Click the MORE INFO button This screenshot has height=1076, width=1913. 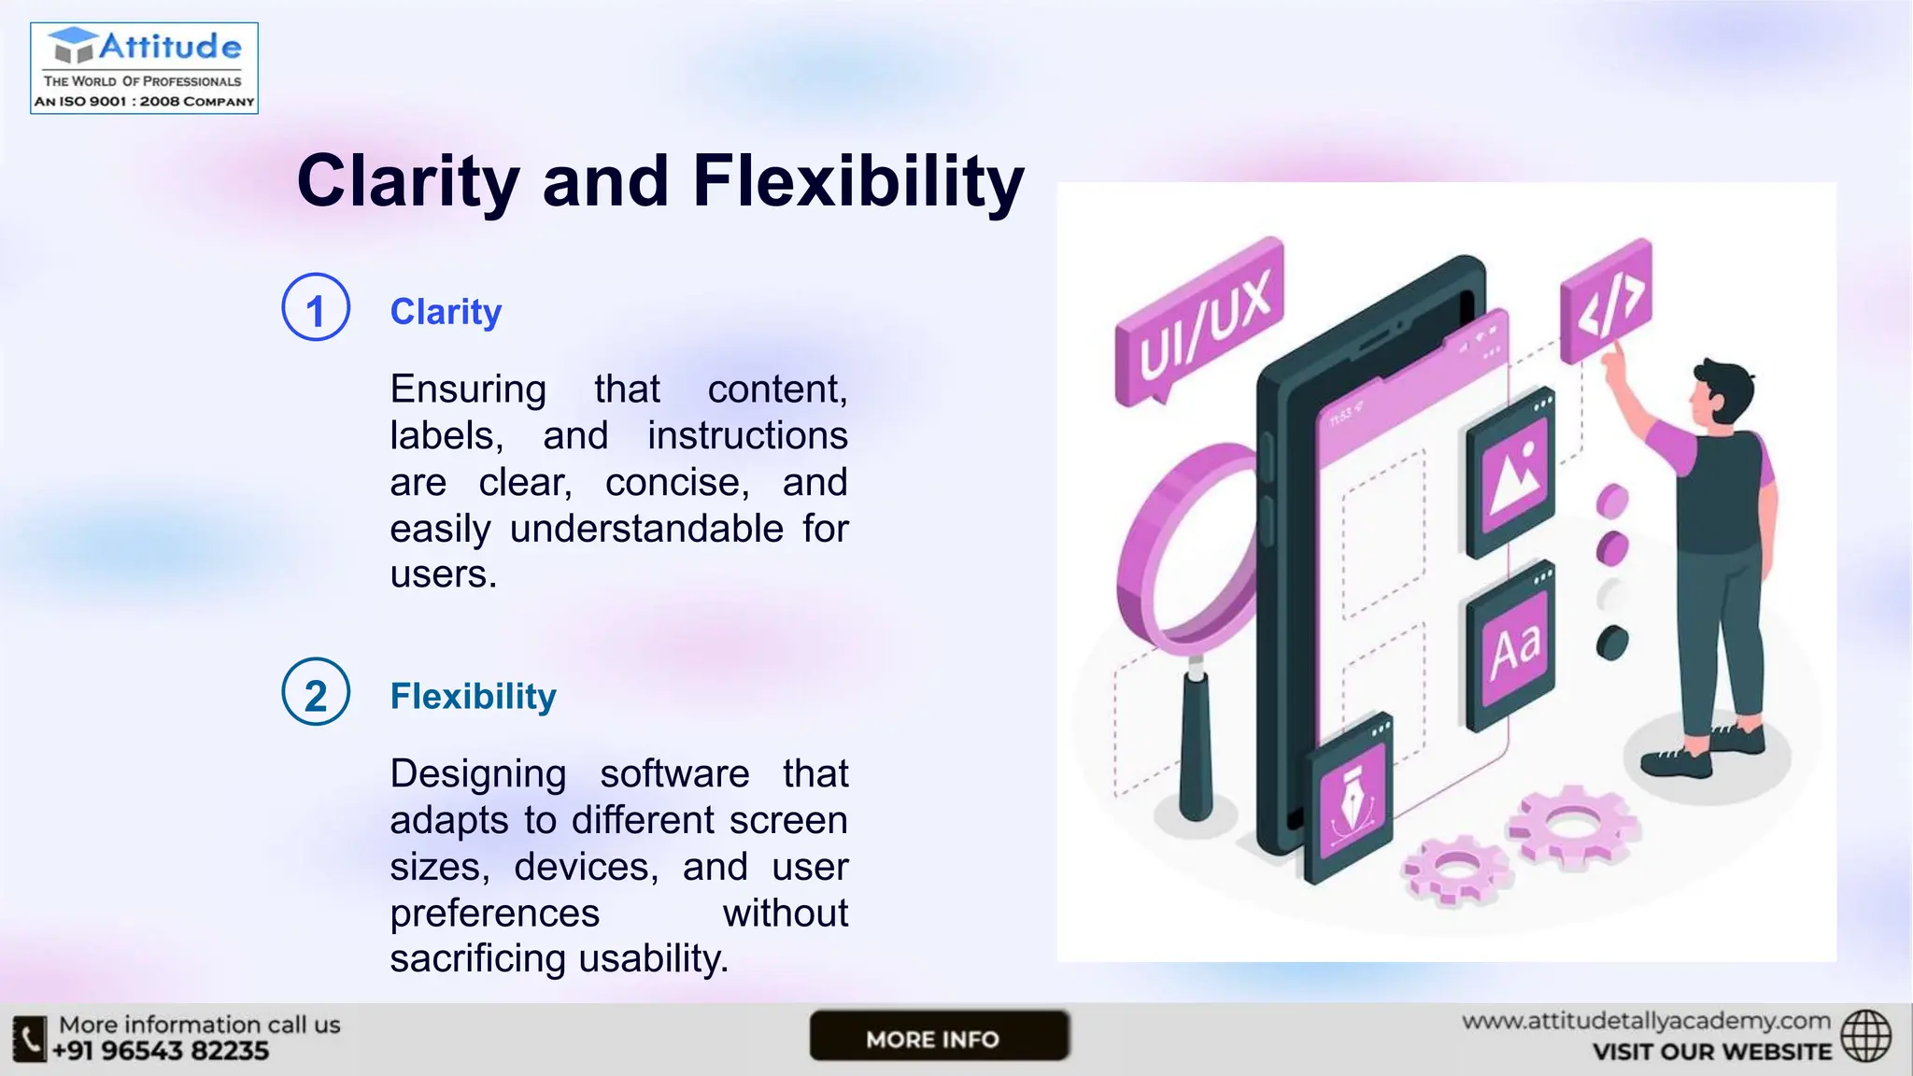[938, 1037]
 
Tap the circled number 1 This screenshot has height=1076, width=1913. [316, 308]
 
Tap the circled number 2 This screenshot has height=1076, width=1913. [316, 693]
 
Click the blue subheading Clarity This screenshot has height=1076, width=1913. [446, 312]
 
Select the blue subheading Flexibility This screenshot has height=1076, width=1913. [473, 697]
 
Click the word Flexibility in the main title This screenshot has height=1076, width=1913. [857, 181]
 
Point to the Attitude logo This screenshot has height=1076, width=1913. [144, 68]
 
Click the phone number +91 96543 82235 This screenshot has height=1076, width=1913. [161, 1052]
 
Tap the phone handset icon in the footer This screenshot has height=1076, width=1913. [30, 1039]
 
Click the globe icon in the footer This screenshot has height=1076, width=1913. [1865, 1036]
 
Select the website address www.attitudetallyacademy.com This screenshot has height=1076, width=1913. [1646, 1022]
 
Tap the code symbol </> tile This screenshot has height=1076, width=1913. [1606, 301]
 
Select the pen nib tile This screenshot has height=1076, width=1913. [1349, 805]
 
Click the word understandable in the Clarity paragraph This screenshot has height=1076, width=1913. [646, 530]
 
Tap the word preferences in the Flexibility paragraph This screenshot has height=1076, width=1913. [494, 913]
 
